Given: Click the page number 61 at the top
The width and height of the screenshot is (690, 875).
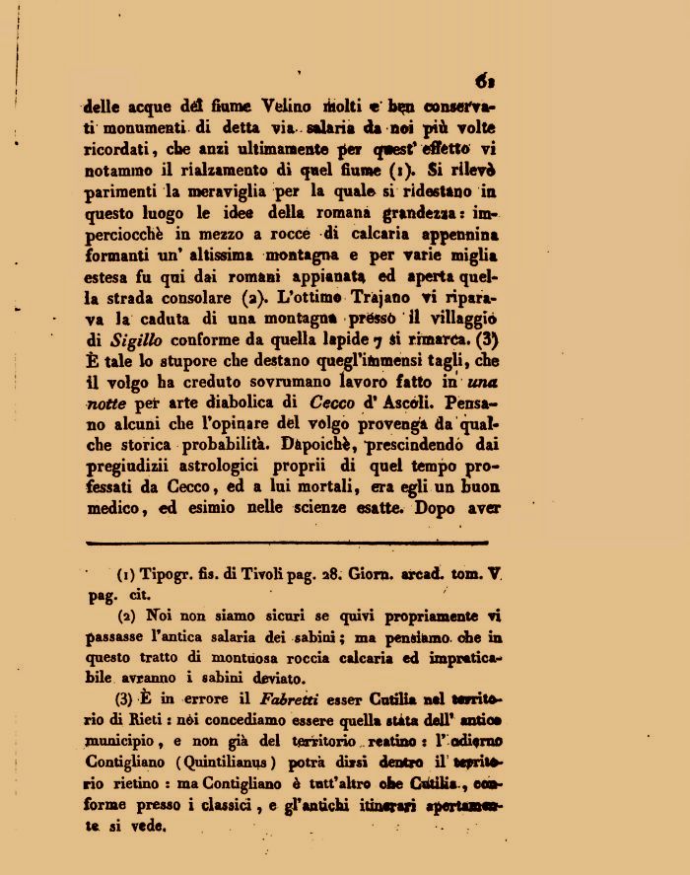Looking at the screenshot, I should coord(484,82).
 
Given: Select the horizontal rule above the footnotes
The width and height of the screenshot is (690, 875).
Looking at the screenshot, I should coord(287,543).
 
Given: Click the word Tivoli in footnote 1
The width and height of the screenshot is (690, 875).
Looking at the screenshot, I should coord(257,575).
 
